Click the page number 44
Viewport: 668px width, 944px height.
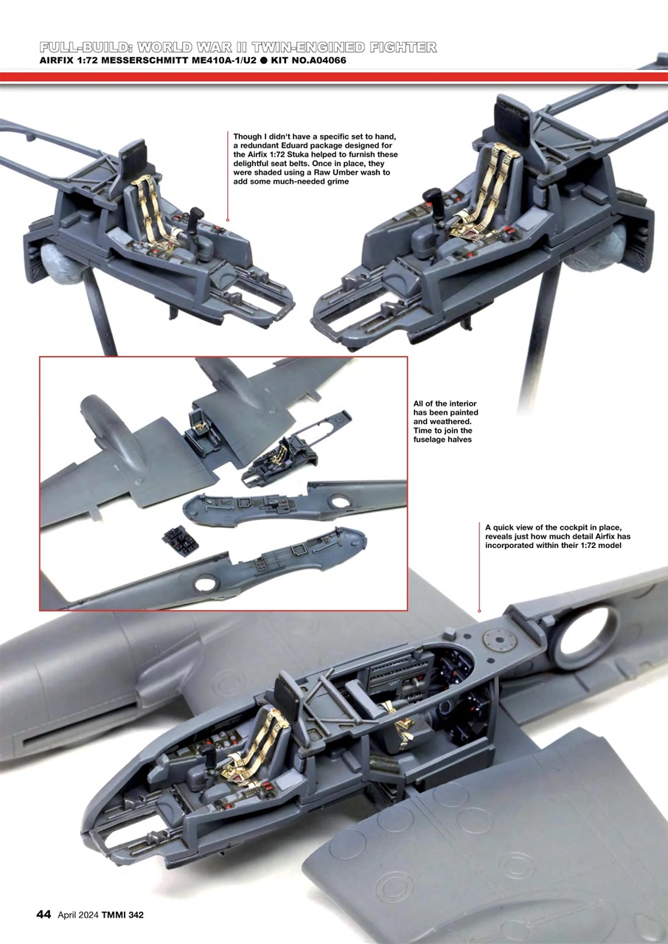tap(43, 914)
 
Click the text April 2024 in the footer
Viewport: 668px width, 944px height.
tap(76, 915)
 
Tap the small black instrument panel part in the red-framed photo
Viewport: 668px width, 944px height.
tap(181, 541)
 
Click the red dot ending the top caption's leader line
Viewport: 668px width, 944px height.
tap(228, 220)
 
